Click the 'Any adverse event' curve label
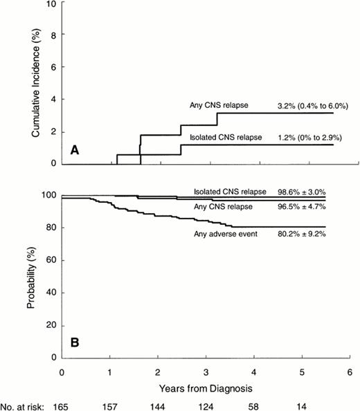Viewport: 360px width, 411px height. pos(224,235)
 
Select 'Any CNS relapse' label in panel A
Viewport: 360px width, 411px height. pos(219,106)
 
